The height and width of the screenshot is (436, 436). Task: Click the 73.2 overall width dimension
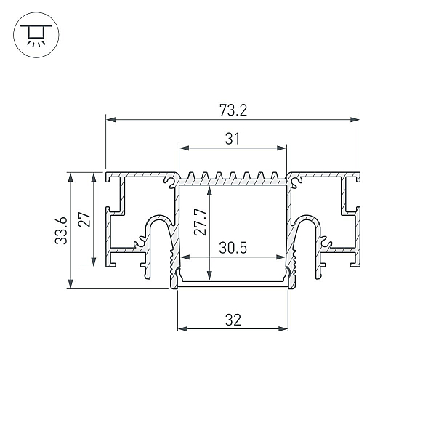(233, 110)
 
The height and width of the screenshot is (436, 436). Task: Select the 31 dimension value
(233, 139)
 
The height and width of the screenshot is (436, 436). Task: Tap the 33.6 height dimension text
(61, 230)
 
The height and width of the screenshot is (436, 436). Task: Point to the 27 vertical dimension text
(84, 219)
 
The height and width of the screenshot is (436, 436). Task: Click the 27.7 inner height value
(201, 222)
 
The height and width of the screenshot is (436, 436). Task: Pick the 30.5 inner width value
(233, 248)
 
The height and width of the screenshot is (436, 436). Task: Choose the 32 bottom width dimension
(233, 320)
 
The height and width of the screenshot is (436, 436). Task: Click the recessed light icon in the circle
(36, 35)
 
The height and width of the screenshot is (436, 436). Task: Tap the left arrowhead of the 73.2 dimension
(110, 120)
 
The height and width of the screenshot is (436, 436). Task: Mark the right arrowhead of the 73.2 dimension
(355, 120)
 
